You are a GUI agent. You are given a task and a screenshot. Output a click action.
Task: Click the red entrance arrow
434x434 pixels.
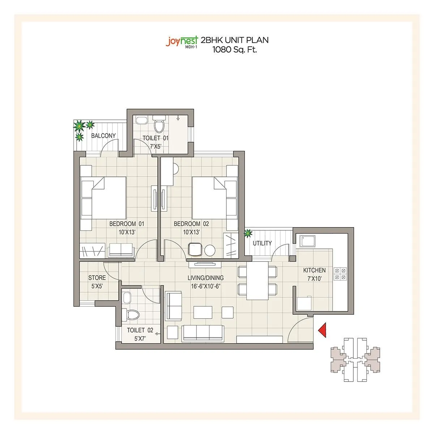pos(322,330)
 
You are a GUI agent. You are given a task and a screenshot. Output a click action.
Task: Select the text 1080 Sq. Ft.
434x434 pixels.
pos(235,50)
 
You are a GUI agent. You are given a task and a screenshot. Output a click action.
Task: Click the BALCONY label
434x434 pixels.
pos(103,136)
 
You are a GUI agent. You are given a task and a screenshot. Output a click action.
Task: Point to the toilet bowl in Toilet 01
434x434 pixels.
pos(159,126)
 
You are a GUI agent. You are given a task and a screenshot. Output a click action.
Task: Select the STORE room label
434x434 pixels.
pos(97,278)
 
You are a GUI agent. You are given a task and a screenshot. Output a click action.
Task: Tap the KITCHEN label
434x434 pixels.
pos(314,270)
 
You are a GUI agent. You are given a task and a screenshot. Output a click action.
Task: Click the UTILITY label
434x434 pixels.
pos(262,243)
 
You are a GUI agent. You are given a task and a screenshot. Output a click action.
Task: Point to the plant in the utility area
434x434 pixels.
pos(248,234)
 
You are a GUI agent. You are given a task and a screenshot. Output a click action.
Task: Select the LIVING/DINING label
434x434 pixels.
pos(205,278)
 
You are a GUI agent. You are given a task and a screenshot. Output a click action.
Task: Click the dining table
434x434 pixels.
pos(258,280)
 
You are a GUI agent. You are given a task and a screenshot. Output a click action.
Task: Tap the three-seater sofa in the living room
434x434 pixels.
pos(202,332)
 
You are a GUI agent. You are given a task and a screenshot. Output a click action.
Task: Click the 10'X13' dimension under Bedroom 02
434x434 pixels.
pos(191,232)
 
